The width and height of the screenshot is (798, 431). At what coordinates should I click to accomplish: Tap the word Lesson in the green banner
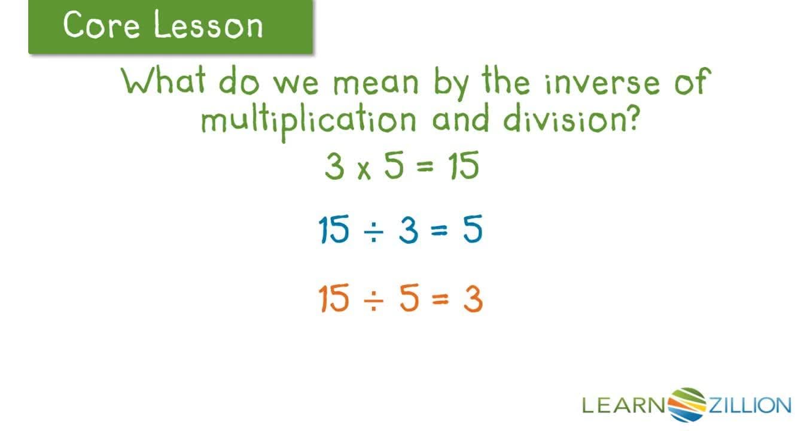pos(208,26)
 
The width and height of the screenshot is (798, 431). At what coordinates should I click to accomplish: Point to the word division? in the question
pos(568,119)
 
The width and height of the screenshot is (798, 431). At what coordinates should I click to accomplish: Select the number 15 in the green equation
pos(463,167)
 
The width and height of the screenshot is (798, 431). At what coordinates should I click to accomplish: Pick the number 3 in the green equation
pos(334,167)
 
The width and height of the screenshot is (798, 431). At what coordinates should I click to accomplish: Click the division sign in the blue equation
pos(373,232)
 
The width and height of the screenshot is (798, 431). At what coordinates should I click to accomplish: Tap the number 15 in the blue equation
pos(334,230)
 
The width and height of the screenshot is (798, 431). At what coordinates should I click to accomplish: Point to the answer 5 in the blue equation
pos(473,230)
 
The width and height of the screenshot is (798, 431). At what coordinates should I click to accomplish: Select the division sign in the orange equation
pos(373,301)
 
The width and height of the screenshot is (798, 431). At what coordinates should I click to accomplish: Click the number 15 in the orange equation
pos(334,299)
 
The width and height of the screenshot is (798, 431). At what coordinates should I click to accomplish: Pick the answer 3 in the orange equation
pos(473,299)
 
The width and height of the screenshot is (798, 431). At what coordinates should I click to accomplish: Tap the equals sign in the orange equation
pos(440,301)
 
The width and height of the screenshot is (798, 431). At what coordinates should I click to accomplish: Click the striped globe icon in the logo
pos(686,405)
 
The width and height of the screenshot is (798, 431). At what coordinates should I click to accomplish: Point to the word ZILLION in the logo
pos(750,406)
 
